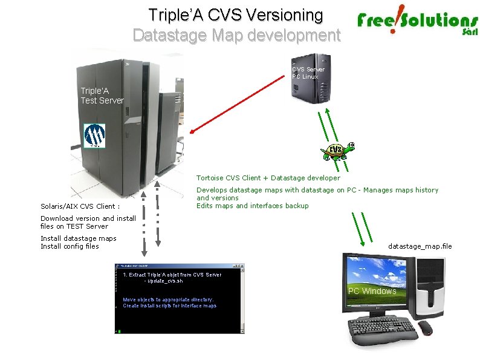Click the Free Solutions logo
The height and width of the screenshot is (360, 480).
coord(417,23)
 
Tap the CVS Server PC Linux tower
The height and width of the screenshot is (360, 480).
coord(311,79)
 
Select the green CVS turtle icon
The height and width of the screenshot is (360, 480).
coord(336,151)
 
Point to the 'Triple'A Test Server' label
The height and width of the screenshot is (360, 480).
coord(102,96)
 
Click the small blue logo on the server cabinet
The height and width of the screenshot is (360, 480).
coord(94,136)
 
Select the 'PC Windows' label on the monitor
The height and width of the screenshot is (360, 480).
coord(372,291)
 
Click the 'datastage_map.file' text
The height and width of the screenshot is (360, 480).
coord(420,246)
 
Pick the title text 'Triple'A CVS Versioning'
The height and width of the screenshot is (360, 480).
coord(236,15)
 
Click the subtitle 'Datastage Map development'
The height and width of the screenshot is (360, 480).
coord(236,35)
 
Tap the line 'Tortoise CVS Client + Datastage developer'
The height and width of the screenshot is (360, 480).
coord(268,178)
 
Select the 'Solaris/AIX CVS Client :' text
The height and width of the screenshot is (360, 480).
coord(80,206)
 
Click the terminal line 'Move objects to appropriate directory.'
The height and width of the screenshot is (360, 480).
coord(168,299)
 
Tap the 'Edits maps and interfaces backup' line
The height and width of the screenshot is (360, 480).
coord(252,206)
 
